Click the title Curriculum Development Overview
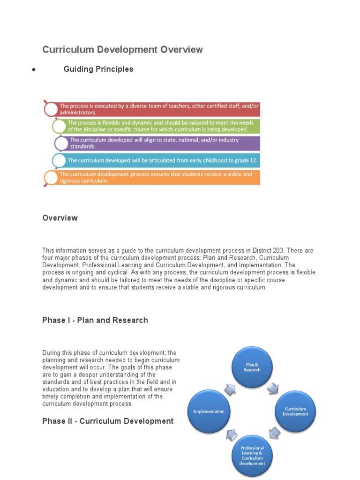coord(122,50)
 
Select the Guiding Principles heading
coord(98,69)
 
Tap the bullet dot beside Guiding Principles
coord(34,70)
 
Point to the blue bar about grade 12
coord(162,160)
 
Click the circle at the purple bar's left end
coord(61,143)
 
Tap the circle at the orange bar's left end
coord(51,178)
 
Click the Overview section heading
coord(60,218)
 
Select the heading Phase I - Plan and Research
coord(95,320)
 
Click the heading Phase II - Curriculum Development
coord(108,421)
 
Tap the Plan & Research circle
coord(252,367)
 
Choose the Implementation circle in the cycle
coord(209,411)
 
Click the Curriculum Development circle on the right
coord(295,411)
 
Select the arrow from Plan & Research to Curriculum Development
coord(273,387)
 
